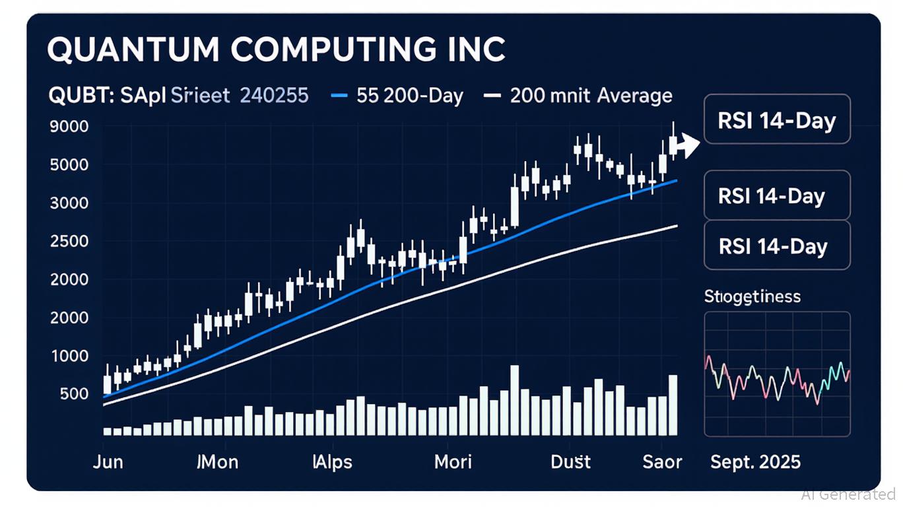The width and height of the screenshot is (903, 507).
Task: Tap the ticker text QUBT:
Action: [x=73, y=96]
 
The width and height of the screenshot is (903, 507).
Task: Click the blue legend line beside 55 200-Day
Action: [x=339, y=96]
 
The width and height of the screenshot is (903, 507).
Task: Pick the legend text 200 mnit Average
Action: [x=591, y=96]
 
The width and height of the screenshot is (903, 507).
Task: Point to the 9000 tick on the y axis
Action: [x=69, y=126]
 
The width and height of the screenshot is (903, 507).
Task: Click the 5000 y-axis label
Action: [x=69, y=164]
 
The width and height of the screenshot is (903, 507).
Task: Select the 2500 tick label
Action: [x=69, y=242]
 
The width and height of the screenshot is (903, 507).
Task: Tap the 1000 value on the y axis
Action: [x=69, y=356]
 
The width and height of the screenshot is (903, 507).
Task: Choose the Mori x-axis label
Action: [x=453, y=461]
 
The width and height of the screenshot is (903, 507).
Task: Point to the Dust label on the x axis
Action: [x=571, y=461]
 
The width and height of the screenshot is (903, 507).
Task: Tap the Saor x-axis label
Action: [x=661, y=461]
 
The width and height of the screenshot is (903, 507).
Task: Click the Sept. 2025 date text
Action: [x=755, y=461]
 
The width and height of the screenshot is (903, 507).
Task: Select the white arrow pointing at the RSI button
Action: [x=688, y=145]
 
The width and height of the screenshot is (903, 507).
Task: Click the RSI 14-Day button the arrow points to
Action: [x=777, y=121]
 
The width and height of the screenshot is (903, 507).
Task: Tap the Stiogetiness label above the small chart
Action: [x=752, y=296]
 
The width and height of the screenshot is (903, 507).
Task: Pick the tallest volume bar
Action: [x=515, y=400]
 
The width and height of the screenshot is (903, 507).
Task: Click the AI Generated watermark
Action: [x=848, y=494]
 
